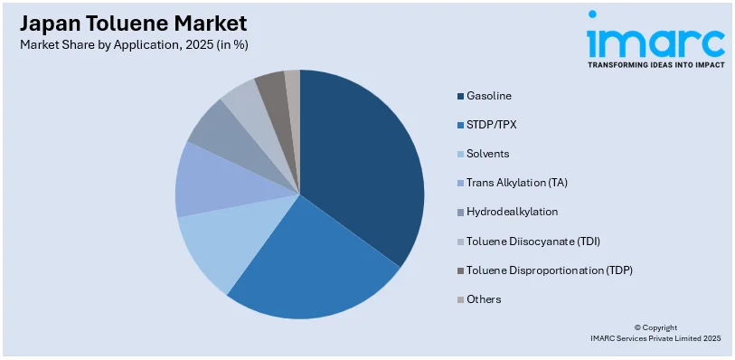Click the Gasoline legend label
(x=489, y=95)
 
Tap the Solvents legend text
(x=487, y=154)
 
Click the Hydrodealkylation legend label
(x=512, y=212)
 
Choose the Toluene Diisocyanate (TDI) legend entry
(x=533, y=241)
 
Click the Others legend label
(x=484, y=298)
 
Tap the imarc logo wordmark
(x=655, y=41)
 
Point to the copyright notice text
(x=655, y=333)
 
